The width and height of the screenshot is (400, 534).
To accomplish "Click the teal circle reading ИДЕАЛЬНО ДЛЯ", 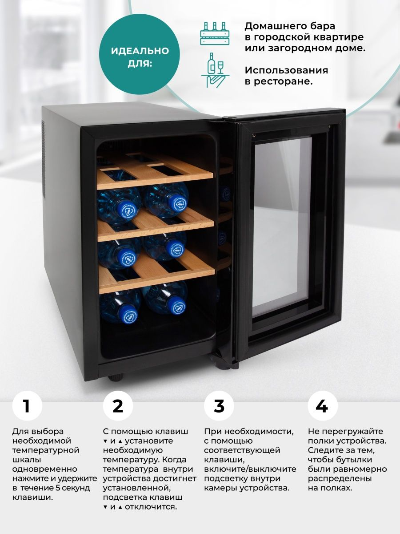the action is (140, 54).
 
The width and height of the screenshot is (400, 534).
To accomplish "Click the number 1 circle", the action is (27, 406).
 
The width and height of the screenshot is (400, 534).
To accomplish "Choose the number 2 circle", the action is (118, 406).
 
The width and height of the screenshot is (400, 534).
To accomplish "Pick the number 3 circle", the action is (219, 406).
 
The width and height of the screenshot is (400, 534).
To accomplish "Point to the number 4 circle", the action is (323, 406).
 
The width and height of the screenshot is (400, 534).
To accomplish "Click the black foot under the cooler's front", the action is (116, 377).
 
